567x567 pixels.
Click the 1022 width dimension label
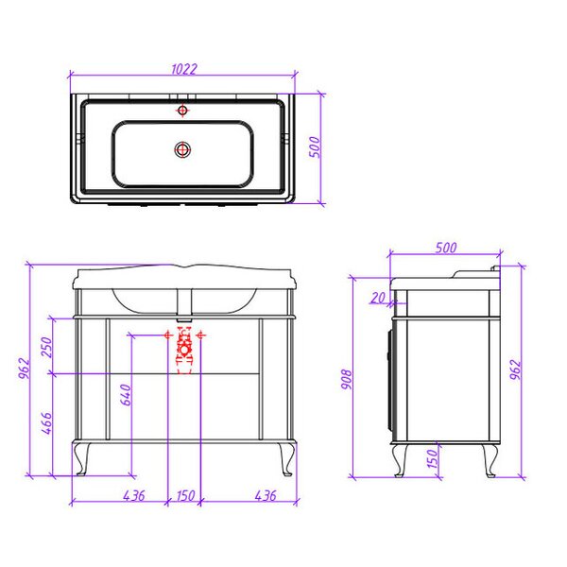tap(184, 69)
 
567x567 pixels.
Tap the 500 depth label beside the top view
tap(315, 146)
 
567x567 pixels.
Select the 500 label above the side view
tap(446, 248)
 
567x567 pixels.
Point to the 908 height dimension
tap(347, 379)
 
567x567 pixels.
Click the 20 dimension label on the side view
tap(378, 298)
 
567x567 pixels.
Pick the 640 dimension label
tap(126, 395)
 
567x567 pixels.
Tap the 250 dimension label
tap(47, 347)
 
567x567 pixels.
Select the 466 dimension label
tap(47, 423)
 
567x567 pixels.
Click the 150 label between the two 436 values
tap(186, 496)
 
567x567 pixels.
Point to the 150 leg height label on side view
tap(433, 458)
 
